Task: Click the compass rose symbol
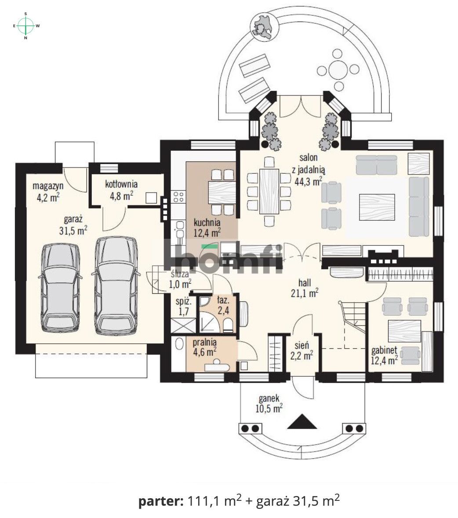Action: click(26, 26)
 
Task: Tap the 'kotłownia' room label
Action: click(121, 184)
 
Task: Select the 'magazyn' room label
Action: click(48, 186)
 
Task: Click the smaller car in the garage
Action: click(59, 289)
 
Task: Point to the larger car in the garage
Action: click(116, 286)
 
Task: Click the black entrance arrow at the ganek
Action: click(302, 421)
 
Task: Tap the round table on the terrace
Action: click(338, 69)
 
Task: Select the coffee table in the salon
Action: click(377, 207)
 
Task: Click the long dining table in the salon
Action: click(269, 191)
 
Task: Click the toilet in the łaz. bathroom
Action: click(228, 325)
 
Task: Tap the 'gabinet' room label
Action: click(384, 350)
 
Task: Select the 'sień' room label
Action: click(302, 346)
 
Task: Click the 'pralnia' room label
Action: click(205, 342)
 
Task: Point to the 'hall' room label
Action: click(305, 283)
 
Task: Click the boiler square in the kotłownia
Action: click(151, 198)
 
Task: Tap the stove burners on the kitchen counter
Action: click(178, 197)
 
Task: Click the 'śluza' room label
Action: click(180, 274)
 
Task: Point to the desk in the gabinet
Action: click(404, 331)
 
